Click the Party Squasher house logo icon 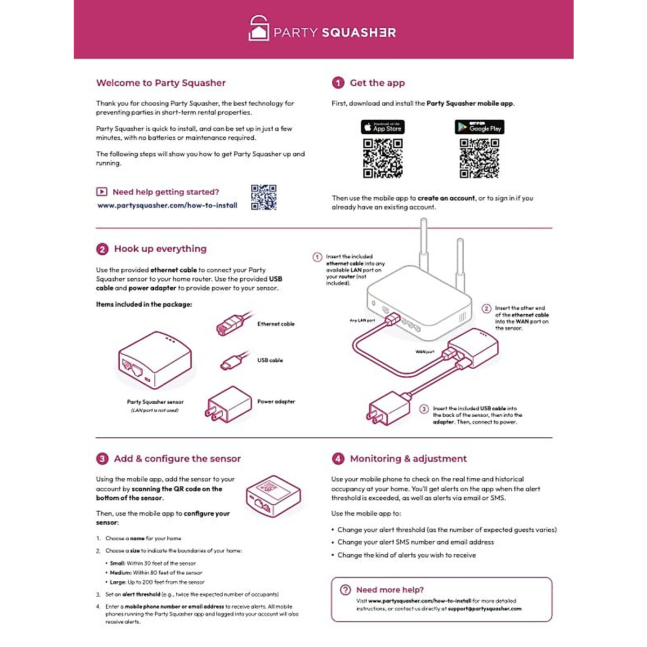[258, 28]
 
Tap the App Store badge [382, 127]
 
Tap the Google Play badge [479, 127]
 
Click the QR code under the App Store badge [382, 158]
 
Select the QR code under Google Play [479, 158]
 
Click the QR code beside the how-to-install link [264, 197]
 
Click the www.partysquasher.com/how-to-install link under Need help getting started [167, 205]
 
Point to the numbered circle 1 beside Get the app [338, 83]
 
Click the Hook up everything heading [160, 249]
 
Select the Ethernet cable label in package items [276, 324]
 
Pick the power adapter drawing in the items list [229, 404]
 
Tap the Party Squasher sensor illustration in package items [155, 360]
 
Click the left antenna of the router [424, 243]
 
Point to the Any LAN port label [362, 320]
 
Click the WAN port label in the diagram [424, 352]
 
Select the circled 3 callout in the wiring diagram [424, 409]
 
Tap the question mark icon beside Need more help [346, 590]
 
